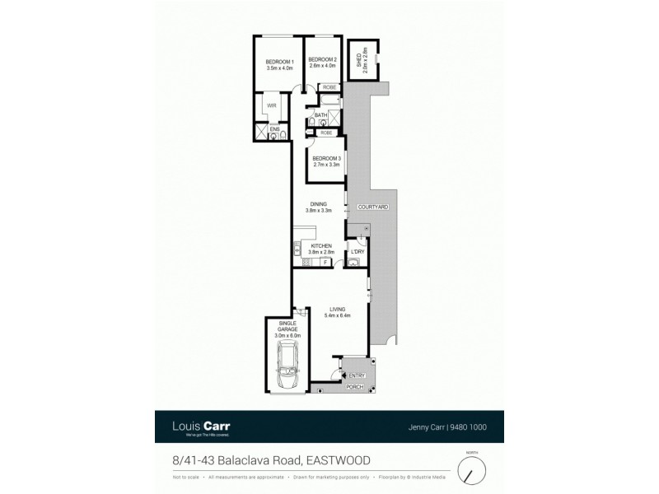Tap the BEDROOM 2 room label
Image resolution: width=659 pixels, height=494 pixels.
(x=321, y=60)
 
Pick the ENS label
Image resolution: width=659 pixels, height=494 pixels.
(x=274, y=129)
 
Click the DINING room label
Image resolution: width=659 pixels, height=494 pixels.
(x=319, y=204)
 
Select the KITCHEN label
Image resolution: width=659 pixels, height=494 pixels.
(x=320, y=245)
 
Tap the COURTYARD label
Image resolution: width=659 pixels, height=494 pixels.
(x=372, y=207)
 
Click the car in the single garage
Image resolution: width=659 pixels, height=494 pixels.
(x=288, y=367)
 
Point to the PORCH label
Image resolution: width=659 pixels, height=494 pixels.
(x=354, y=387)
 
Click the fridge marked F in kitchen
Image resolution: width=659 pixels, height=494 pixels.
(x=325, y=262)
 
